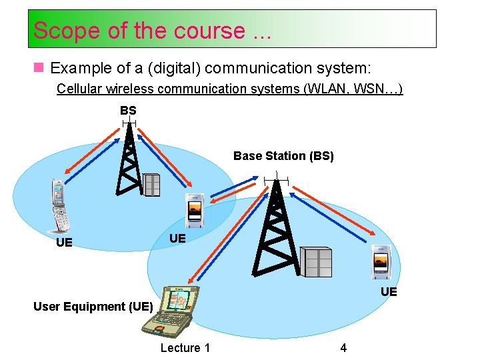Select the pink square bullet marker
pos(40,68)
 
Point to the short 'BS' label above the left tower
pos(128,110)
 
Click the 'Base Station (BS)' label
pos(283,156)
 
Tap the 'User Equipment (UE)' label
pos(93,307)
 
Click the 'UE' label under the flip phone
pos(64,242)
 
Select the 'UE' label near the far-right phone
pos(389,292)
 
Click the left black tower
pos(129,163)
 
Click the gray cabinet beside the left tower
pos(152,185)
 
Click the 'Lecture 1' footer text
pos(185,347)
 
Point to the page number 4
pos(343,347)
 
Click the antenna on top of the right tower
pos(273,179)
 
